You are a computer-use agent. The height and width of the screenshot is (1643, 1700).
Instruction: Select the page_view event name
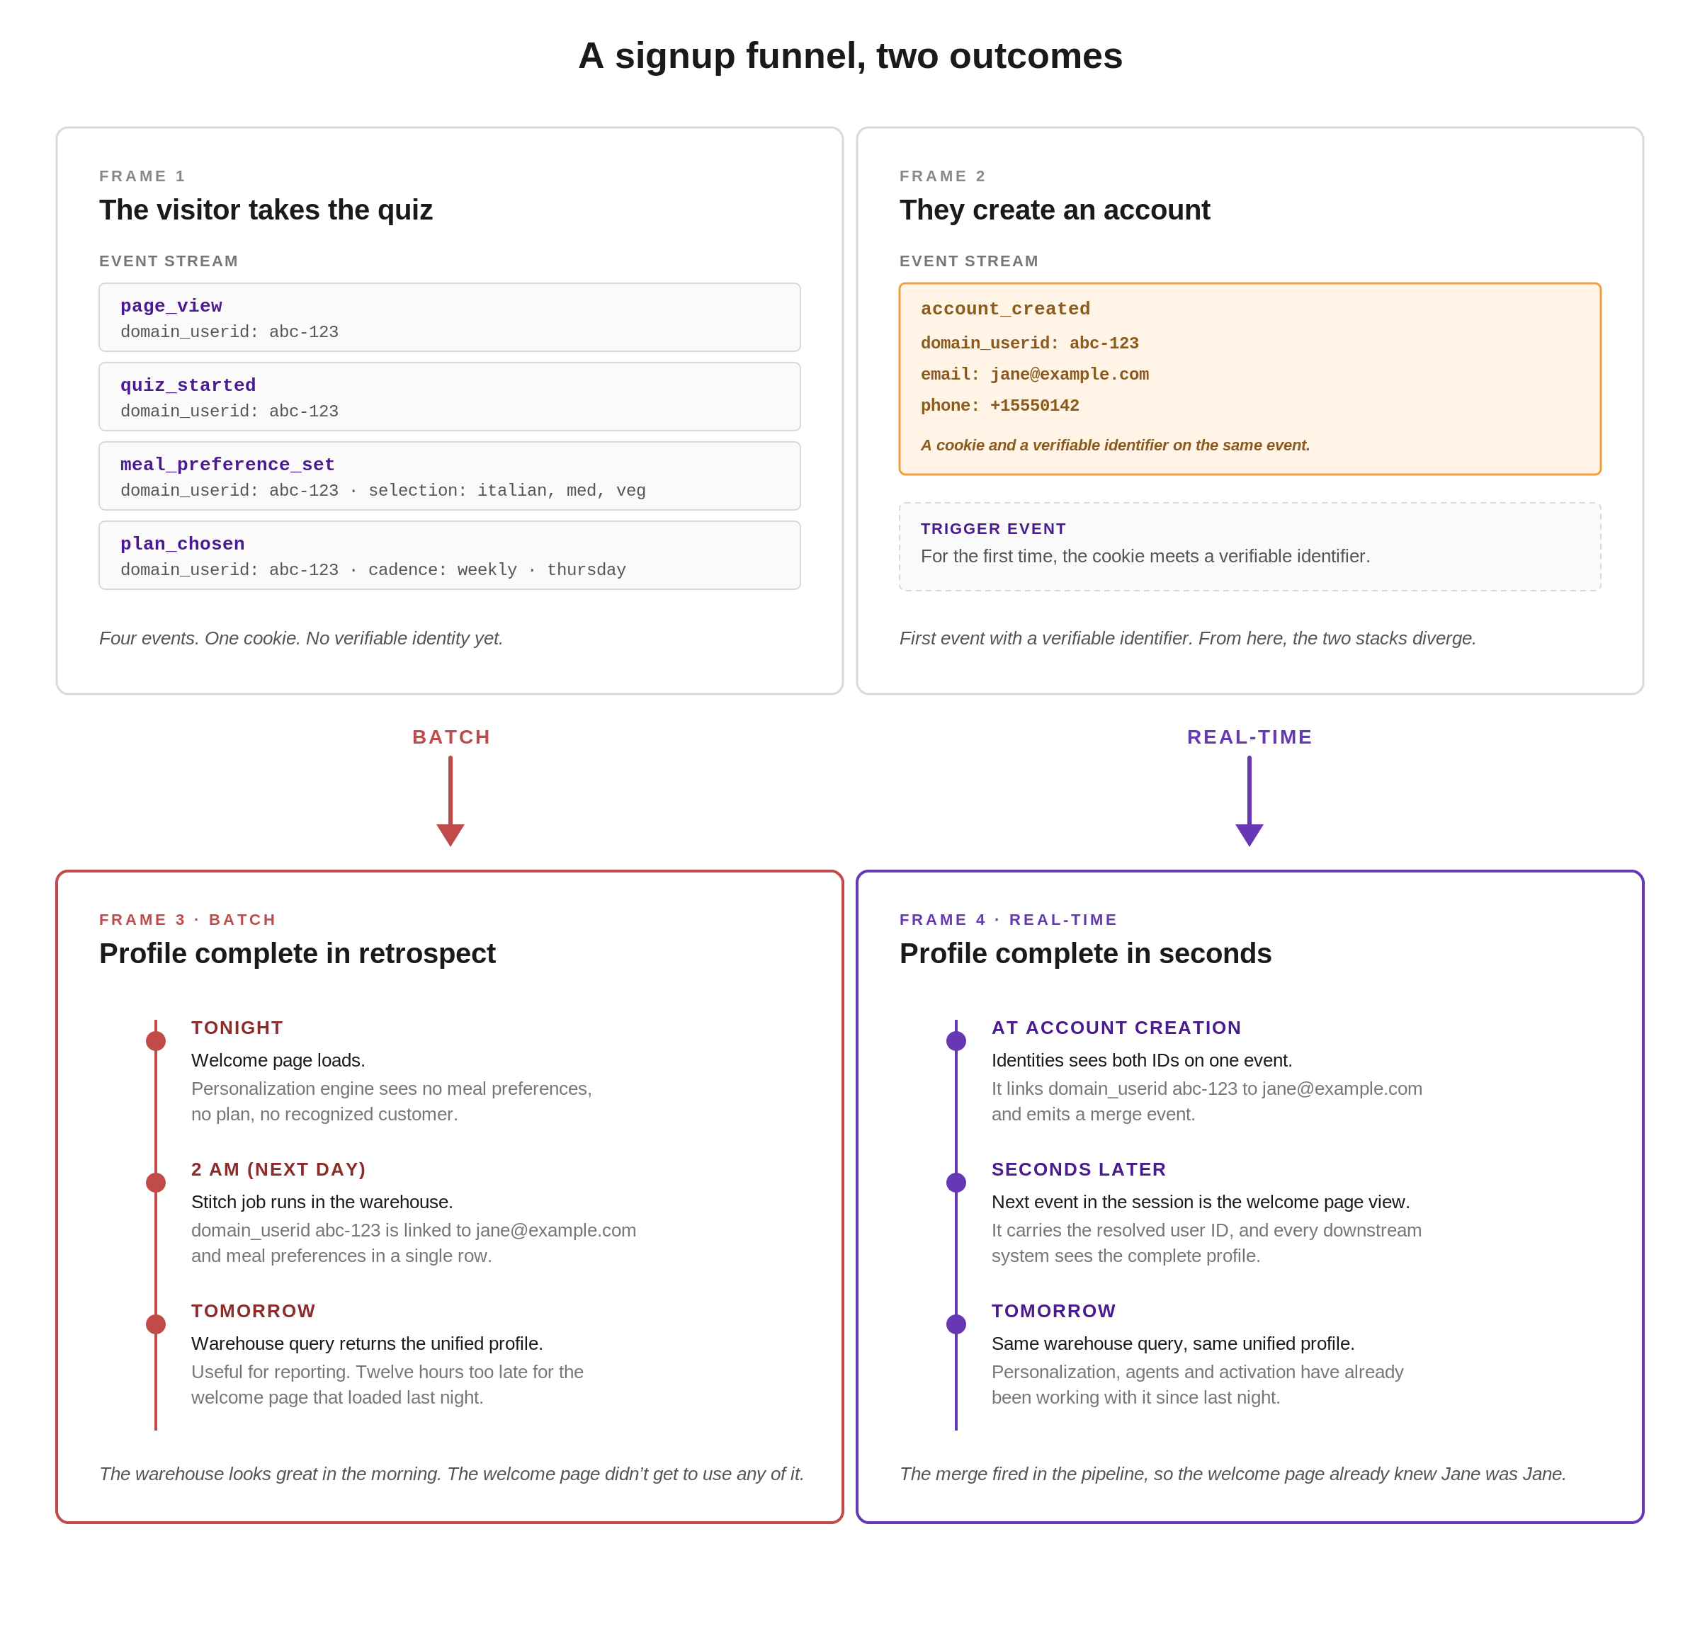coord(171,306)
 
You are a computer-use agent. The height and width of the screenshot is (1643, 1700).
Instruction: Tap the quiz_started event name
coord(188,385)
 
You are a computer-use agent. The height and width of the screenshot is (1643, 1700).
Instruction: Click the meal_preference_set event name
coord(227,465)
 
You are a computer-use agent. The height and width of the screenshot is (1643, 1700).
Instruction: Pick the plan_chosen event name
coord(182,544)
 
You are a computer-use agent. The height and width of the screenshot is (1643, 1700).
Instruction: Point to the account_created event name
coord(1005,309)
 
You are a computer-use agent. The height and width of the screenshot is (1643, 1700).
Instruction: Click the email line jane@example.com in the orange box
coord(1035,375)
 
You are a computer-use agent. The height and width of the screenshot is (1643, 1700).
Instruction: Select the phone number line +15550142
coord(1000,406)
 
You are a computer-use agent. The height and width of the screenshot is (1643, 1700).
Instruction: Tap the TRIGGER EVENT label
coord(993,529)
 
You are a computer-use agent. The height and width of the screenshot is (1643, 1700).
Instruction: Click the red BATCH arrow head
coord(450,834)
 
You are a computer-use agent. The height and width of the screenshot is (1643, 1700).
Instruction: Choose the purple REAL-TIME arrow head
coord(1249,834)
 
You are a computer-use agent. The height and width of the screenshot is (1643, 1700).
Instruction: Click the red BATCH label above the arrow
coord(451,737)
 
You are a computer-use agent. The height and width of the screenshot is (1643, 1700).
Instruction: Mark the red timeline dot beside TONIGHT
coord(156,1041)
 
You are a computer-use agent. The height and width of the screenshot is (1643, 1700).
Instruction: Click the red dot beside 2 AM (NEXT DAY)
coord(156,1183)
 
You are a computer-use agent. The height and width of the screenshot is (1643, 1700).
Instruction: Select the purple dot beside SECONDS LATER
coord(956,1183)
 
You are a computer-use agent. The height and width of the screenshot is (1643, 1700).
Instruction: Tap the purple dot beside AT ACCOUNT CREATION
coord(956,1041)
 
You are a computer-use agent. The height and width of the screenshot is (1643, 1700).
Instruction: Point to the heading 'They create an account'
coord(1055,210)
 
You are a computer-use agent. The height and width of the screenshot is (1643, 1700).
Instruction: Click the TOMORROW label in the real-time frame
coord(1054,1311)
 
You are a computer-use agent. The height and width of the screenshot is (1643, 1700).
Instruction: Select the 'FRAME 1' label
coord(142,176)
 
